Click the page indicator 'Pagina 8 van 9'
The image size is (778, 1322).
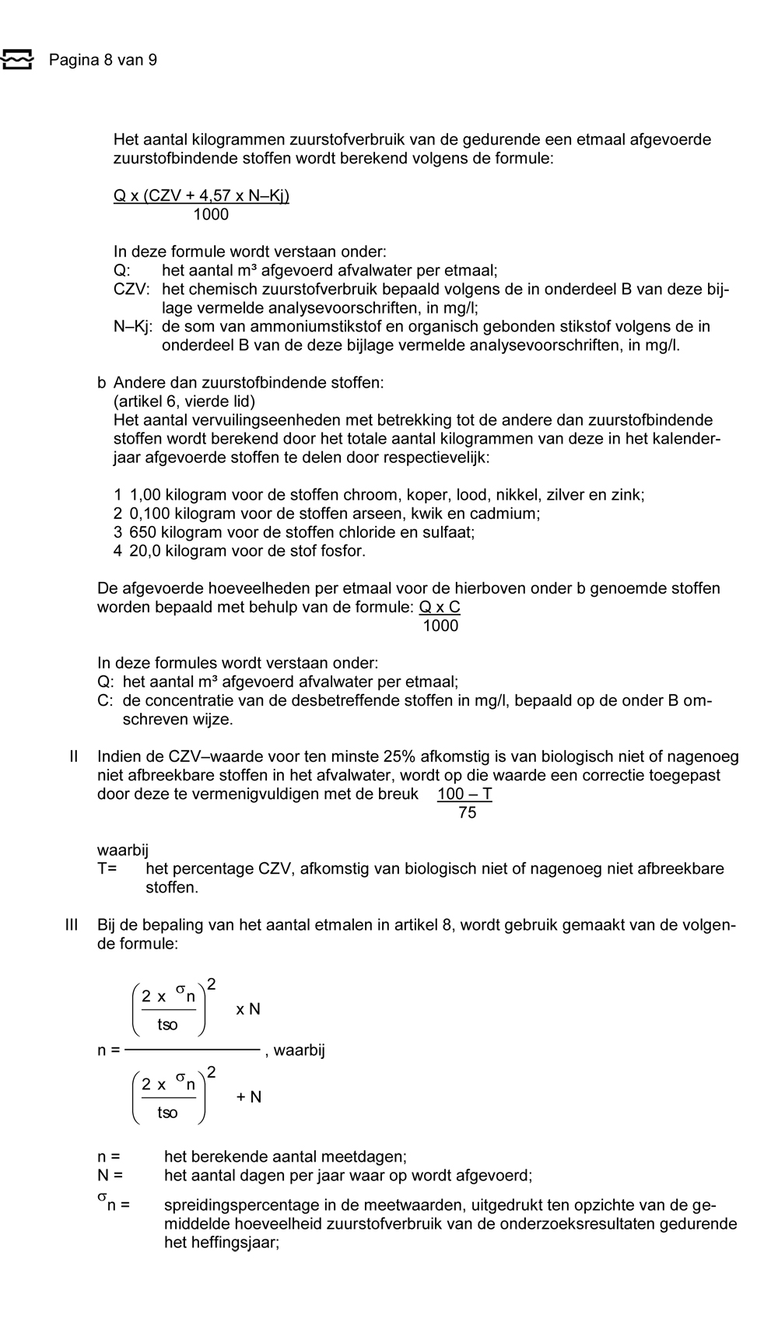point(103,60)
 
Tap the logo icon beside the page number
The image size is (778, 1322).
point(17,59)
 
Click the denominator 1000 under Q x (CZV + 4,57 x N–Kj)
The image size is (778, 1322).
point(211,215)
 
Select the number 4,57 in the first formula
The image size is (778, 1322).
point(212,196)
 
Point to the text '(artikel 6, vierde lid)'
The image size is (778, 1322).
point(184,402)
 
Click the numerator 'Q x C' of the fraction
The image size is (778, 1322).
point(440,608)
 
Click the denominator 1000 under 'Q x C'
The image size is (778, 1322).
point(440,626)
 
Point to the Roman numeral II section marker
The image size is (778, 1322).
point(74,757)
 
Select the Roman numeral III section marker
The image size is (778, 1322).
point(72,925)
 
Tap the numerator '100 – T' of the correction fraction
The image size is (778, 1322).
point(464,794)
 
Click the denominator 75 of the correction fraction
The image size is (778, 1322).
point(467,813)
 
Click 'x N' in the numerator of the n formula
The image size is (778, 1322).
point(248,1009)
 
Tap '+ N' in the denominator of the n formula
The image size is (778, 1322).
point(249,1097)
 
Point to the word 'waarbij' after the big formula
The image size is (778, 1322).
point(300,1050)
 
